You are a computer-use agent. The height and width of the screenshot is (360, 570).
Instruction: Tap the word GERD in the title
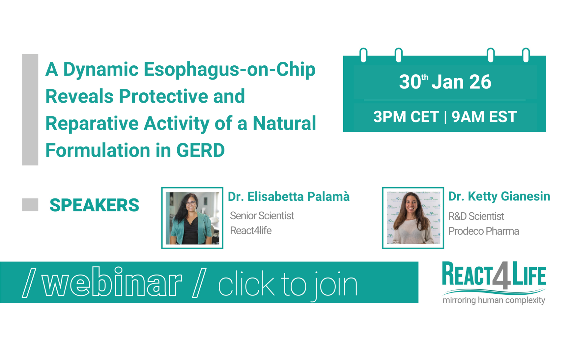[200, 150]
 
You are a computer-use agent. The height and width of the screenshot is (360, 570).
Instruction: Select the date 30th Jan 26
[445, 82]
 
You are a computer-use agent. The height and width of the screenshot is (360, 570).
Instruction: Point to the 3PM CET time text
[406, 117]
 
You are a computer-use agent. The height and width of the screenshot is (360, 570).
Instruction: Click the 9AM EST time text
[484, 117]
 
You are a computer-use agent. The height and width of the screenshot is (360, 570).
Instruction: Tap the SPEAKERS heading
[94, 205]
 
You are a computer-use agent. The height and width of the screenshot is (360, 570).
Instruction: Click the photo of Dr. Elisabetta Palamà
[192, 218]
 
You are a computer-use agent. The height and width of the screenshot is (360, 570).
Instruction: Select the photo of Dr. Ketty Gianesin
[413, 218]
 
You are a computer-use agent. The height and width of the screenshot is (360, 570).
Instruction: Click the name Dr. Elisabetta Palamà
[289, 197]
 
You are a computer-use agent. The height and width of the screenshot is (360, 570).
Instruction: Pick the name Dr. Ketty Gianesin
[499, 196]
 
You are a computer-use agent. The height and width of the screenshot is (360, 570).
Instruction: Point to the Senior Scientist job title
[262, 216]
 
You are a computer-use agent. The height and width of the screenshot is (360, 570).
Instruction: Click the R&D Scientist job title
[476, 216]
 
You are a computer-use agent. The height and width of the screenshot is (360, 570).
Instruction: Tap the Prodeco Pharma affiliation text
[484, 231]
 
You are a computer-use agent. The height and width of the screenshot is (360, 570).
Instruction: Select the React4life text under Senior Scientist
[251, 231]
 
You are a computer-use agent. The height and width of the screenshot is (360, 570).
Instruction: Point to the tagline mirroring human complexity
[494, 300]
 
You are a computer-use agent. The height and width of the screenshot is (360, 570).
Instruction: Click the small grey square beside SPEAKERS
[30, 205]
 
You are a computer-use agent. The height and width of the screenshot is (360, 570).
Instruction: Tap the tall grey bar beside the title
[30, 109]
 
